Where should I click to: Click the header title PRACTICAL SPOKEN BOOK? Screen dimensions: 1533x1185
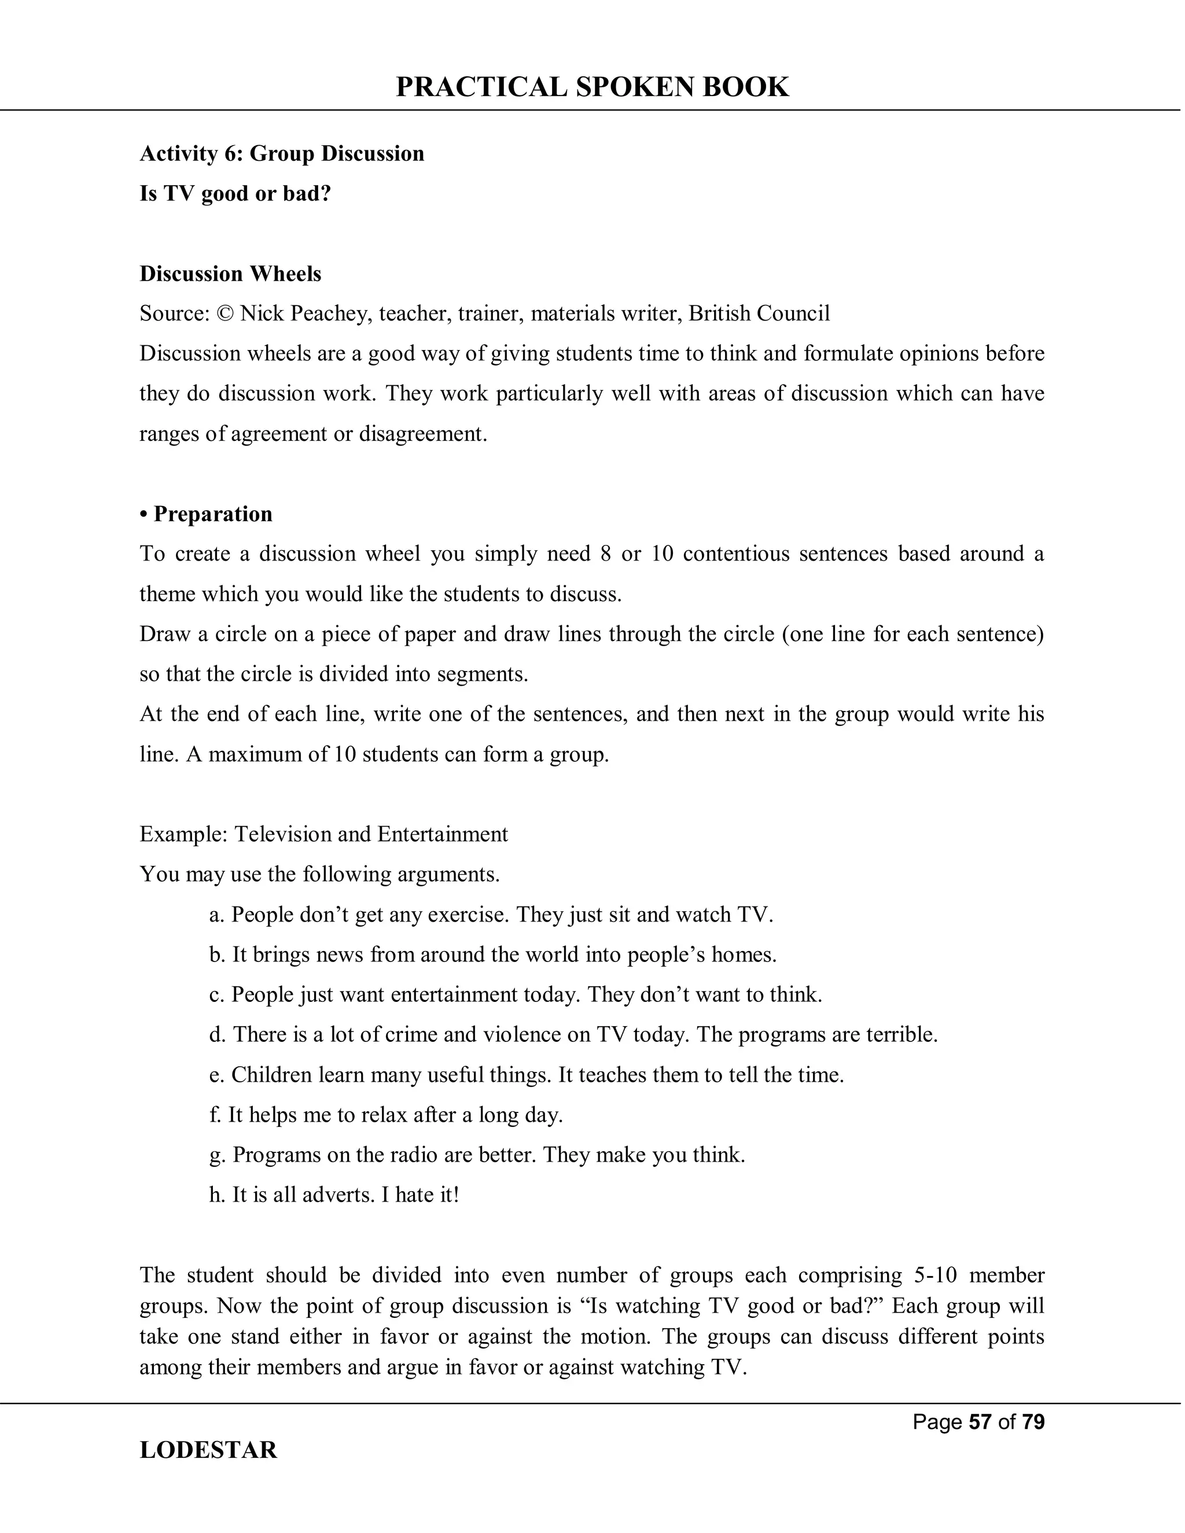[592, 87]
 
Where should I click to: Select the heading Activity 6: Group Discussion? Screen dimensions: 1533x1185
[282, 153]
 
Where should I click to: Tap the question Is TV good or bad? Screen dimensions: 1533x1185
[235, 193]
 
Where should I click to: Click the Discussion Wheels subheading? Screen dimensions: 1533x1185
[230, 273]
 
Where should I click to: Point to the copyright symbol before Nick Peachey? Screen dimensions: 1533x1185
[225, 313]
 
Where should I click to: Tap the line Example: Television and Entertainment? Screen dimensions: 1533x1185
[323, 834]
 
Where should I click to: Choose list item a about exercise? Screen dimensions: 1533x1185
[491, 915]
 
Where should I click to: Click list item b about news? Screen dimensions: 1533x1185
[493, 955]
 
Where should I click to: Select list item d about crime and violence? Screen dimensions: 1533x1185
[573, 1035]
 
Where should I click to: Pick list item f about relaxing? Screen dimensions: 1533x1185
[386, 1115]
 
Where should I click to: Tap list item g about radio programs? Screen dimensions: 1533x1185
[477, 1155]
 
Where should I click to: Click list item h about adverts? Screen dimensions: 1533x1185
[334, 1195]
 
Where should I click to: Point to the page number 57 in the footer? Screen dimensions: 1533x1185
[980, 1422]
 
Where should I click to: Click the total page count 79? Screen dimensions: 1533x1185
[1033, 1422]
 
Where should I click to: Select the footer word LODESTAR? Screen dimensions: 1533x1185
[208, 1450]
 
